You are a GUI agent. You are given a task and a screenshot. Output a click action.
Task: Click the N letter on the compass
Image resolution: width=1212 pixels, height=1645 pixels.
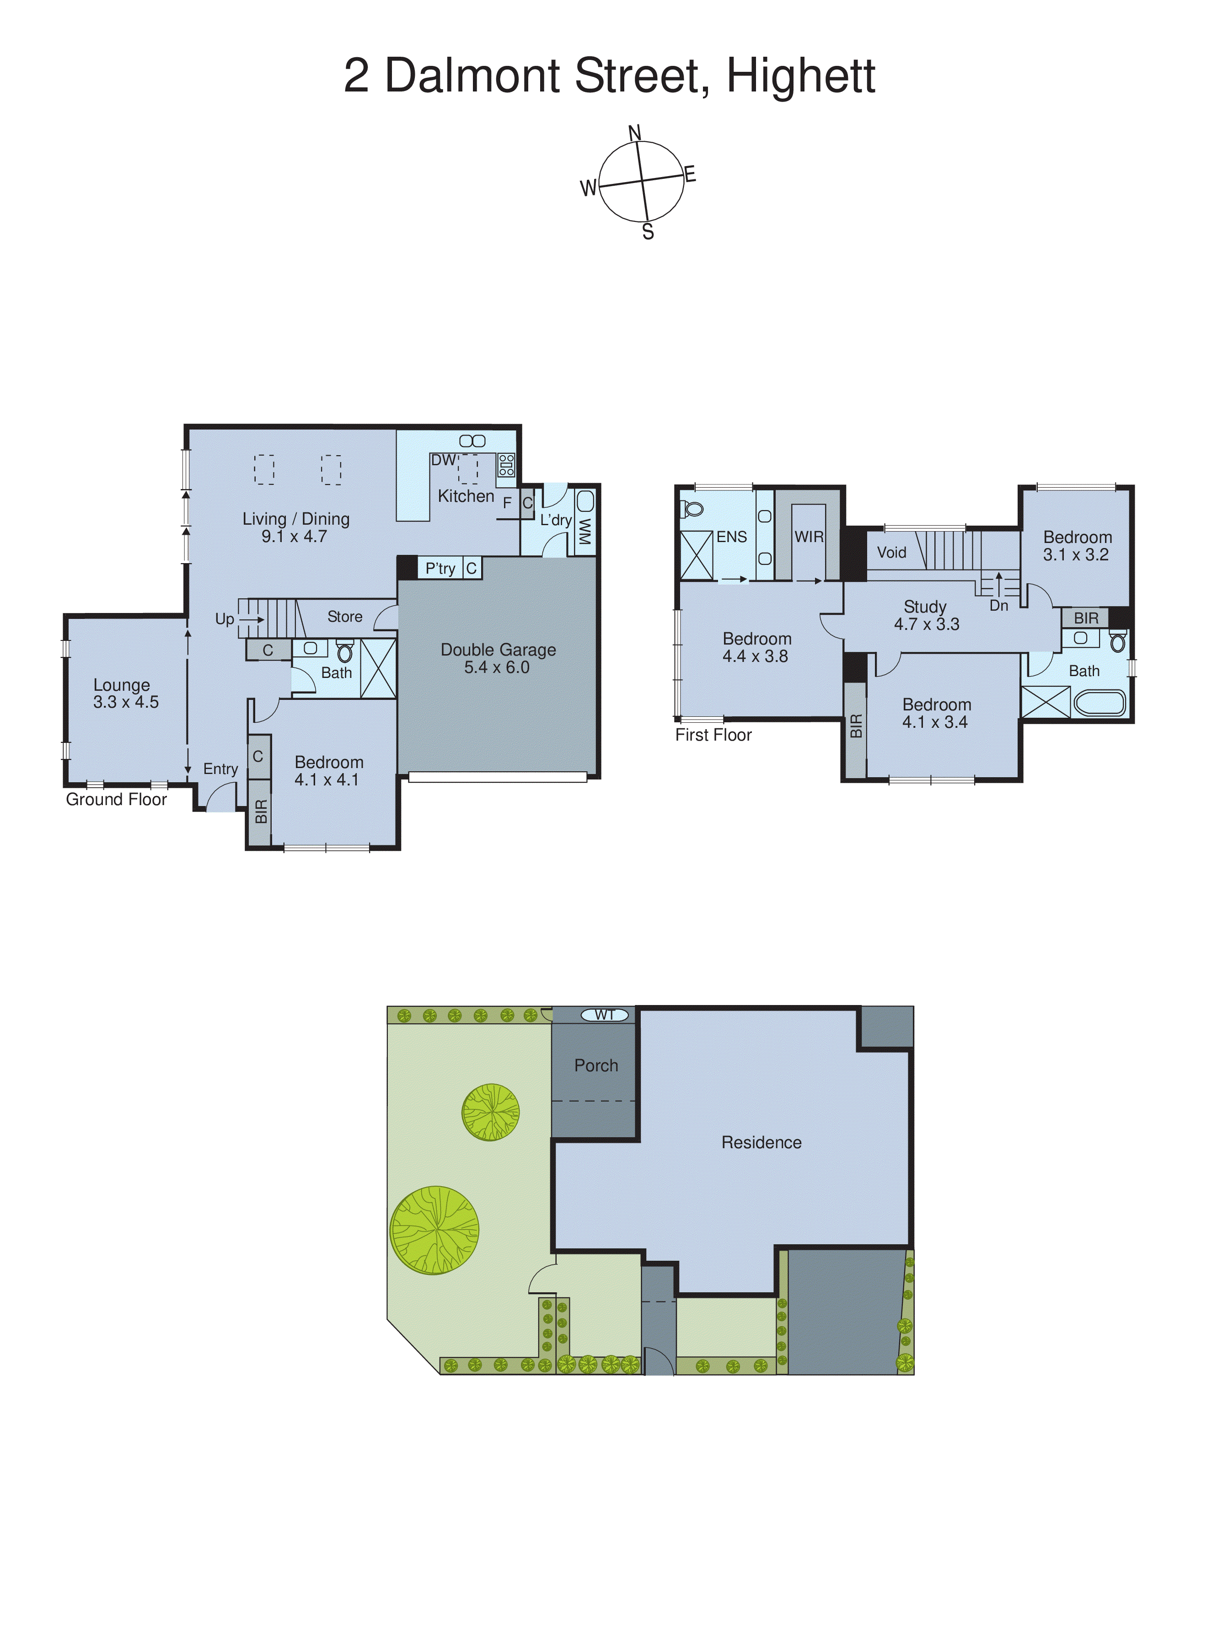coord(635,133)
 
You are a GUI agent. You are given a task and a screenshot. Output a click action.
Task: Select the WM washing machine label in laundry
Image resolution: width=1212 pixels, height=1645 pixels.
coord(585,531)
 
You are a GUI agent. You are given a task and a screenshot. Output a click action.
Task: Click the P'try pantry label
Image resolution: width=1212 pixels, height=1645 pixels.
coord(440,569)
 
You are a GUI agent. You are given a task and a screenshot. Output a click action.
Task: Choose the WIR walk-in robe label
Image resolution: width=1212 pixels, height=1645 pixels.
coord(809,537)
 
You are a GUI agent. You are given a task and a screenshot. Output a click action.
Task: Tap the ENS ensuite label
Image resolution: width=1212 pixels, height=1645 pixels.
coord(731,537)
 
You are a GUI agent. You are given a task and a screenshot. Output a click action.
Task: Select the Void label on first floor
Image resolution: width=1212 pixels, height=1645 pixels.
coord(891,553)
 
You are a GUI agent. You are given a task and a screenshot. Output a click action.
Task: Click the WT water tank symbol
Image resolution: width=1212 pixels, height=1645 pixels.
coord(605,1015)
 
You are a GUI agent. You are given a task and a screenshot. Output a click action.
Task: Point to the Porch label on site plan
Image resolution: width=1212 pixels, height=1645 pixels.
coord(596,1065)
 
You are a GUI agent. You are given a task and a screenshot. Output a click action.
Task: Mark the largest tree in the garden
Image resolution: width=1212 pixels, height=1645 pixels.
coord(434,1230)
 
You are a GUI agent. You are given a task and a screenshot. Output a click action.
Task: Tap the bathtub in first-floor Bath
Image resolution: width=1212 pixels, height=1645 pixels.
coord(1099,703)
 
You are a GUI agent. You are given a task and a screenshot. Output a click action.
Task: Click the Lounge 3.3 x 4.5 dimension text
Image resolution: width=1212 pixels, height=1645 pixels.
coord(125,702)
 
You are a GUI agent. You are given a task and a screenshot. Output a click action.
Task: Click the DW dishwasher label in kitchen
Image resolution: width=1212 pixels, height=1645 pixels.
coord(443,460)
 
